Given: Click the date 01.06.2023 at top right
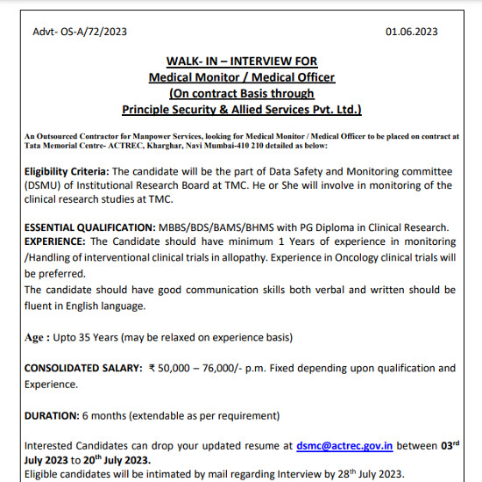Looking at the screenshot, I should tap(411, 32).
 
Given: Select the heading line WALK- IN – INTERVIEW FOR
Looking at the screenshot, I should tap(240, 61).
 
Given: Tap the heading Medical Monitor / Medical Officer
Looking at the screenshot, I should tap(240, 77).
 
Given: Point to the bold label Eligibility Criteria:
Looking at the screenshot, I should tap(67, 170).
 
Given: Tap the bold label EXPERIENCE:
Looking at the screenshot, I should tap(54, 241).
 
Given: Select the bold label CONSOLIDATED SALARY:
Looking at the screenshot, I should tap(82, 368).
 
